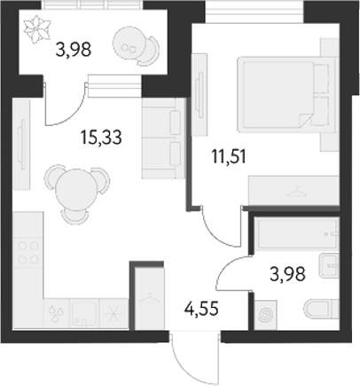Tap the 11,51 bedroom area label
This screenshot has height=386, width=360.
(x=227, y=160)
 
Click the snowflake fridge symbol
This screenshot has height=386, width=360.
(x=113, y=312)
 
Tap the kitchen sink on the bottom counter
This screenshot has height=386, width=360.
(x=84, y=311)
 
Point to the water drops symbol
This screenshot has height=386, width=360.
(x=58, y=312)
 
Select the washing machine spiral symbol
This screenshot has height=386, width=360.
(x=265, y=314)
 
